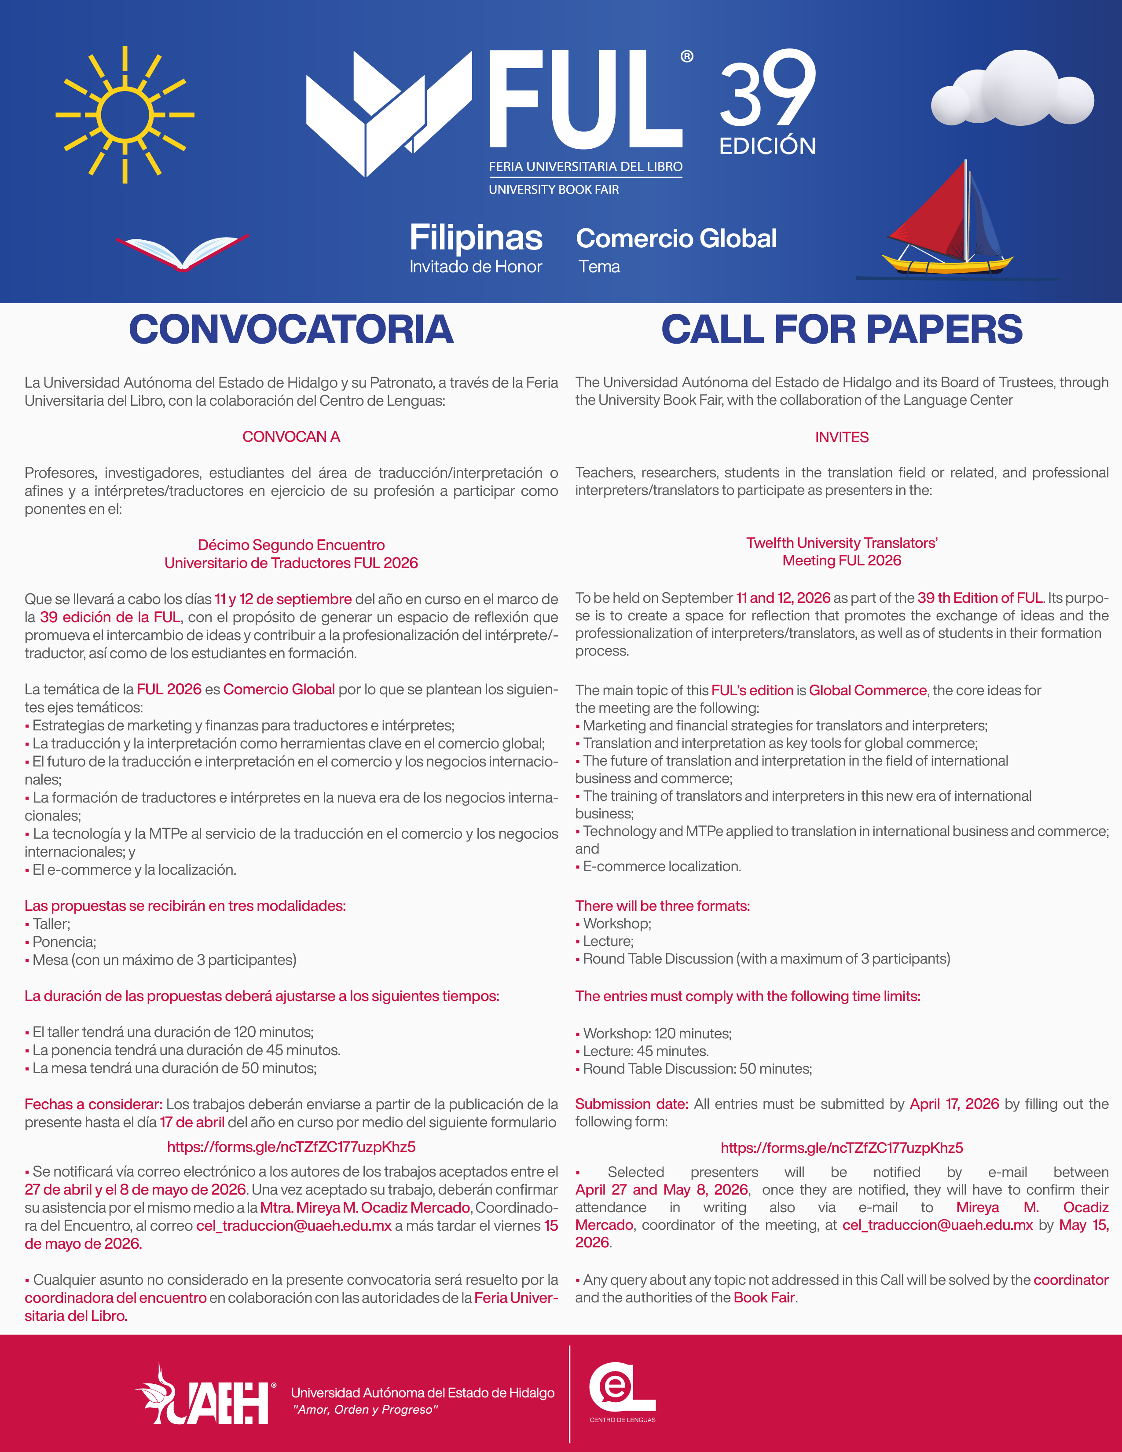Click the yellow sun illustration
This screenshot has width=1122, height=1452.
(124, 114)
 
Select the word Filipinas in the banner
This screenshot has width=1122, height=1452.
(476, 238)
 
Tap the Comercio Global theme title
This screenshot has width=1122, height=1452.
(676, 238)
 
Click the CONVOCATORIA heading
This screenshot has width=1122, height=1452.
(291, 329)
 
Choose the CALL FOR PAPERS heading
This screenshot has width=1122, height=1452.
(841, 329)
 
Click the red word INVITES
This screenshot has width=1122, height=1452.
(841, 437)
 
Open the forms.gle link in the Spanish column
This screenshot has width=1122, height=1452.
(291, 1146)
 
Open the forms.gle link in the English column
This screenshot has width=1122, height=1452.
(841, 1148)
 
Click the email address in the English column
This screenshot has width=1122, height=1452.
(937, 1225)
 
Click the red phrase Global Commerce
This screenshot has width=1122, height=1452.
(867, 690)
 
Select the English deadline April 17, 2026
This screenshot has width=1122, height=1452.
(954, 1104)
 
